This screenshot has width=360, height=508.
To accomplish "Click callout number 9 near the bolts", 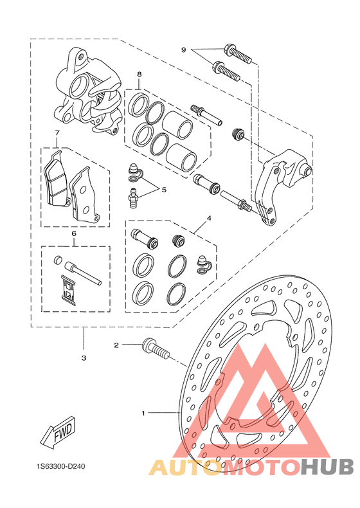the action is [183, 50].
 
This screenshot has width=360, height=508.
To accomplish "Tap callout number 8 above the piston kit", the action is [139, 74].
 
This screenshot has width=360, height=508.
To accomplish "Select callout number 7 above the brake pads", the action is [57, 133].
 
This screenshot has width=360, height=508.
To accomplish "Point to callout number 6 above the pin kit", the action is [73, 233].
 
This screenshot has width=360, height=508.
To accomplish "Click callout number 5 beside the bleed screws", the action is [164, 190].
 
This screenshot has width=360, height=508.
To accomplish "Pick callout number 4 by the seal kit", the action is [209, 218].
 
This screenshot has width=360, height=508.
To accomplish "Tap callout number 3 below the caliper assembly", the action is [84, 358].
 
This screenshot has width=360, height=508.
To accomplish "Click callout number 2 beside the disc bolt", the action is [116, 345].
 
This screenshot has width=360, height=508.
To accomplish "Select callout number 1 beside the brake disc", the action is [143, 413].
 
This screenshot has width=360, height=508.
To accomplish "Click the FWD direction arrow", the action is [59, 431].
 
